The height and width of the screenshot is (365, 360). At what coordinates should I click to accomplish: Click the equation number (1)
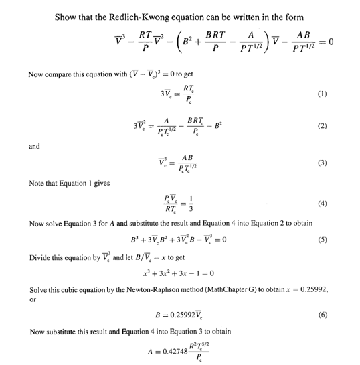coord(323,95)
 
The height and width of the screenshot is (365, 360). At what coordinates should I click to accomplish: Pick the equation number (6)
coord(323,313)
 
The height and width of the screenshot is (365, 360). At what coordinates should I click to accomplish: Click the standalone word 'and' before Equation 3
coord(35,146)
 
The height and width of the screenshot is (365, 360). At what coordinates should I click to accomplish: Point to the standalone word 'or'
coord(33,299)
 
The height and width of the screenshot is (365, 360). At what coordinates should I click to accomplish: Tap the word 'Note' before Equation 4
coord(37,183)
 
